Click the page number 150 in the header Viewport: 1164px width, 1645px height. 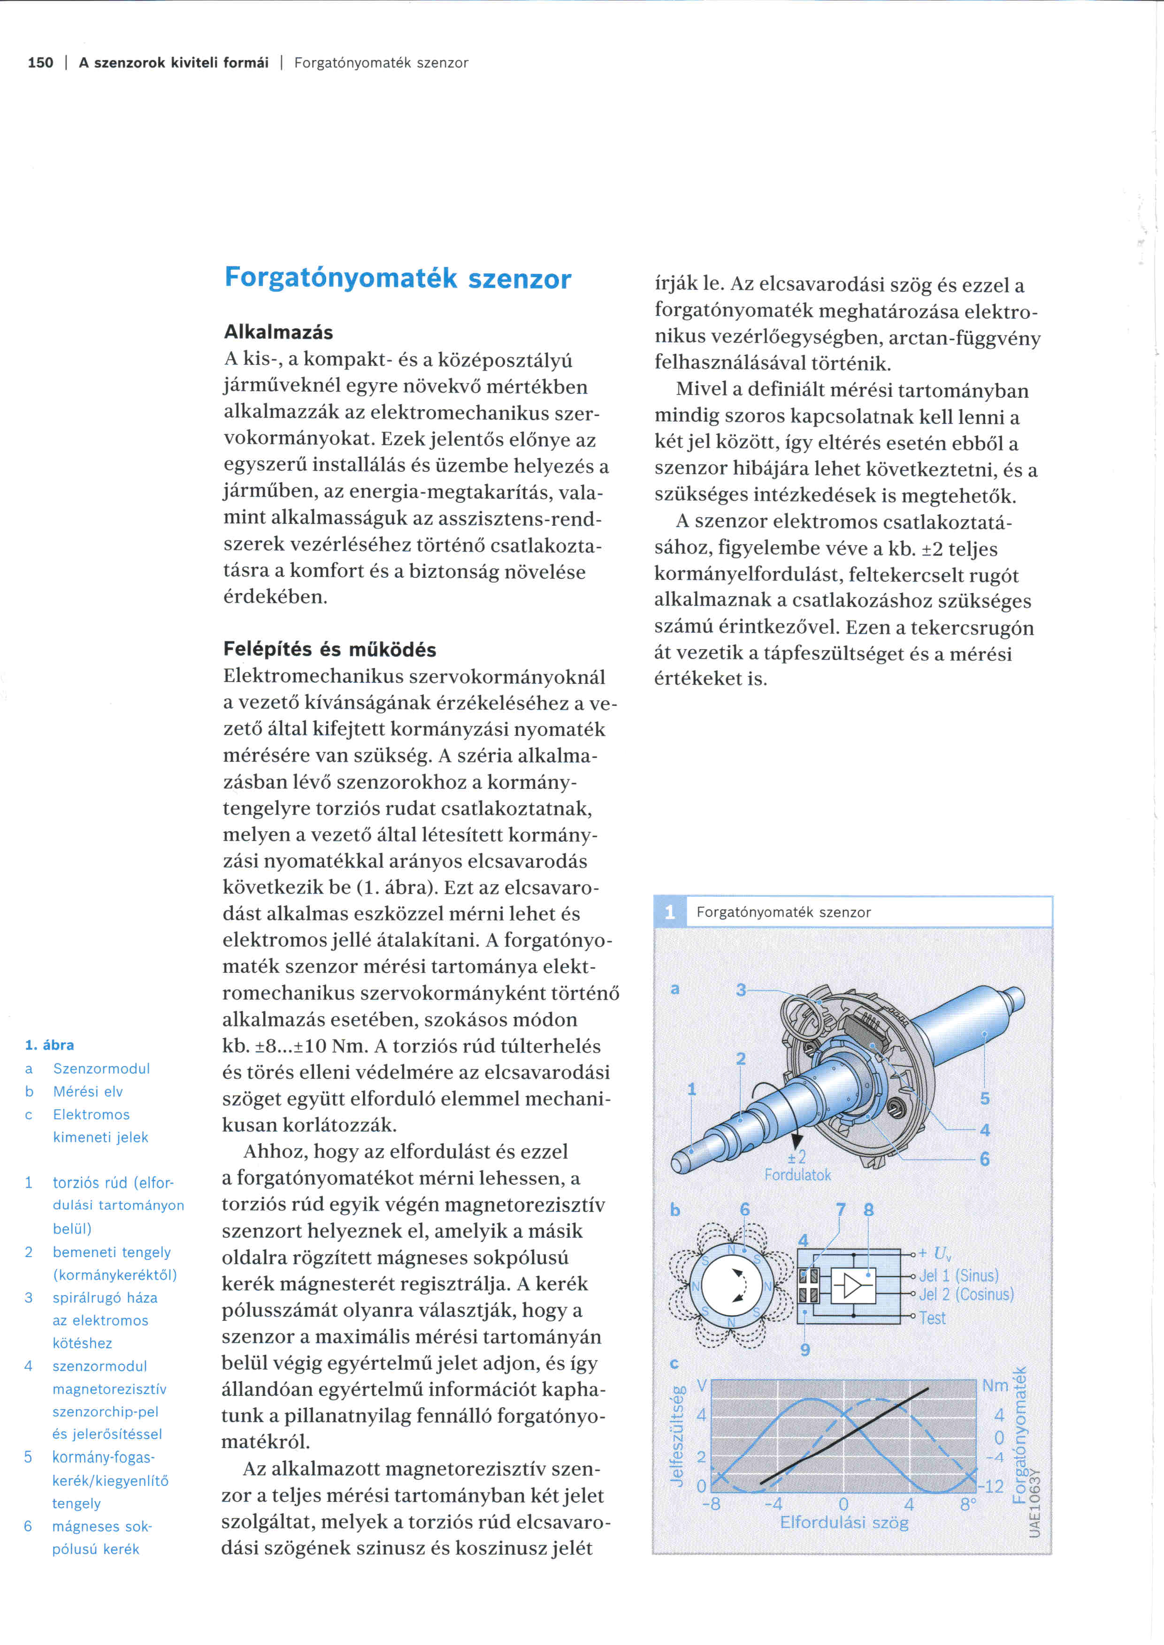[40, 63]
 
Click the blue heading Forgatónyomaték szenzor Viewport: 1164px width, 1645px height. [398, 278]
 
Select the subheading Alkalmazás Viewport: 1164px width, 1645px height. [278, 333]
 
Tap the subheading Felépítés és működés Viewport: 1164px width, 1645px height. [329, 649]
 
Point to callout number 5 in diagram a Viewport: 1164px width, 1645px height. [985, 1099]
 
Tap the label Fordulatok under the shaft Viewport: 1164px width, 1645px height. [797, 1175]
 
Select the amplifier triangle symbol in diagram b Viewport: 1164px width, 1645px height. [853, 1287]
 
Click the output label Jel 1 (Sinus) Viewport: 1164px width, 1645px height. [958, 1275]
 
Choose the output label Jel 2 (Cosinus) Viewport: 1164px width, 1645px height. [966, 1295]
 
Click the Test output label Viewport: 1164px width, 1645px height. [933, 1318]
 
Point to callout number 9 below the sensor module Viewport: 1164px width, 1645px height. [805, 1350]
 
